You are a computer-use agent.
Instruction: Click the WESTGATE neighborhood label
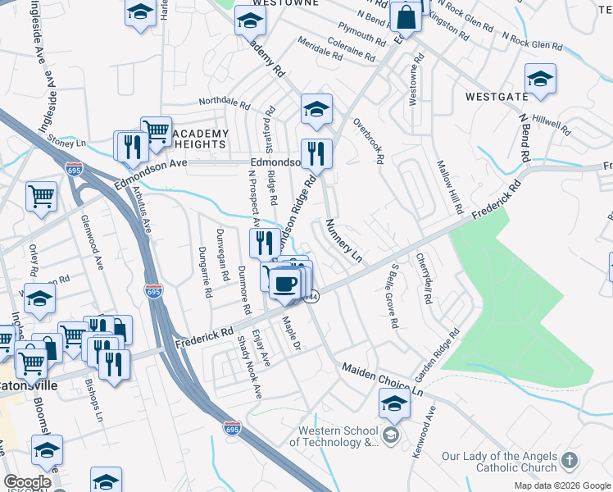[x=497, y=96]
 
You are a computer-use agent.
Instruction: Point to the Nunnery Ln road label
[x=343, y=240]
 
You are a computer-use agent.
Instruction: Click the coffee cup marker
[x=284, y=284]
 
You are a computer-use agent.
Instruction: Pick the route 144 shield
[x=311, y=298]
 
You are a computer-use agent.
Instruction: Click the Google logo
[x=27, y=482]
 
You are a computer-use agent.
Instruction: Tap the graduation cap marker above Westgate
[x=540, y=80]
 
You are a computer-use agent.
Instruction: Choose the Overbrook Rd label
[x=368, y=141]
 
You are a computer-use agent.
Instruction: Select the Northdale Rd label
[x=224, y=103]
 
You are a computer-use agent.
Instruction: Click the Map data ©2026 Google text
[x=563, y=485]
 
